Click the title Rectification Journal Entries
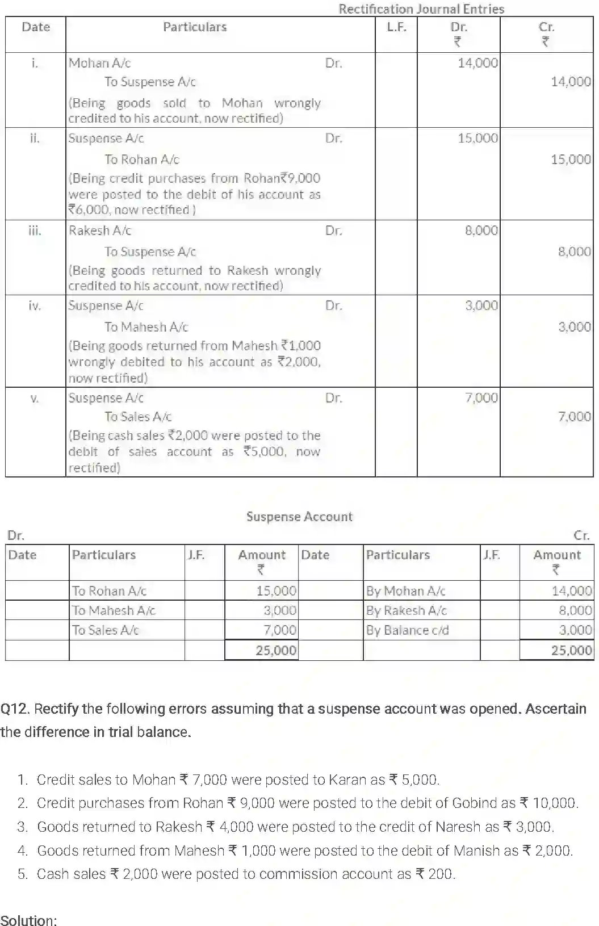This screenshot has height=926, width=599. [x=421, y=9]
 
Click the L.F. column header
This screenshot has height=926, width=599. [x=396, y=27]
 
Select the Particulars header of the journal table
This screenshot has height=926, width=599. [x=194, y=27]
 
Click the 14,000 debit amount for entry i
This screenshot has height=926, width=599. [x=477, y=63]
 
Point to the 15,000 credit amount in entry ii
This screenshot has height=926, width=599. [x=571, y=160]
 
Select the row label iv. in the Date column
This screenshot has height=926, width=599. [x=35, y=305]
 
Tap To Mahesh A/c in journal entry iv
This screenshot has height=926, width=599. [x=146, y=327]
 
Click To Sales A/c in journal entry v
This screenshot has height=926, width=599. [x=137, y=417]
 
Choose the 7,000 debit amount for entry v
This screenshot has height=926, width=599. [x=481, y=397]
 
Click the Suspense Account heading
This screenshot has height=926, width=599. [x=299, y=517]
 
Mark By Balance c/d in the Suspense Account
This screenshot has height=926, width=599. [x=407, y=630]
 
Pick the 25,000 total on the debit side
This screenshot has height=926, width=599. [x=275, y=650]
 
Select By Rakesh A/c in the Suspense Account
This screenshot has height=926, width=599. [x=406, y=610]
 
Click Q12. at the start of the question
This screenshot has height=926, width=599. [x=15, y=709]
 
